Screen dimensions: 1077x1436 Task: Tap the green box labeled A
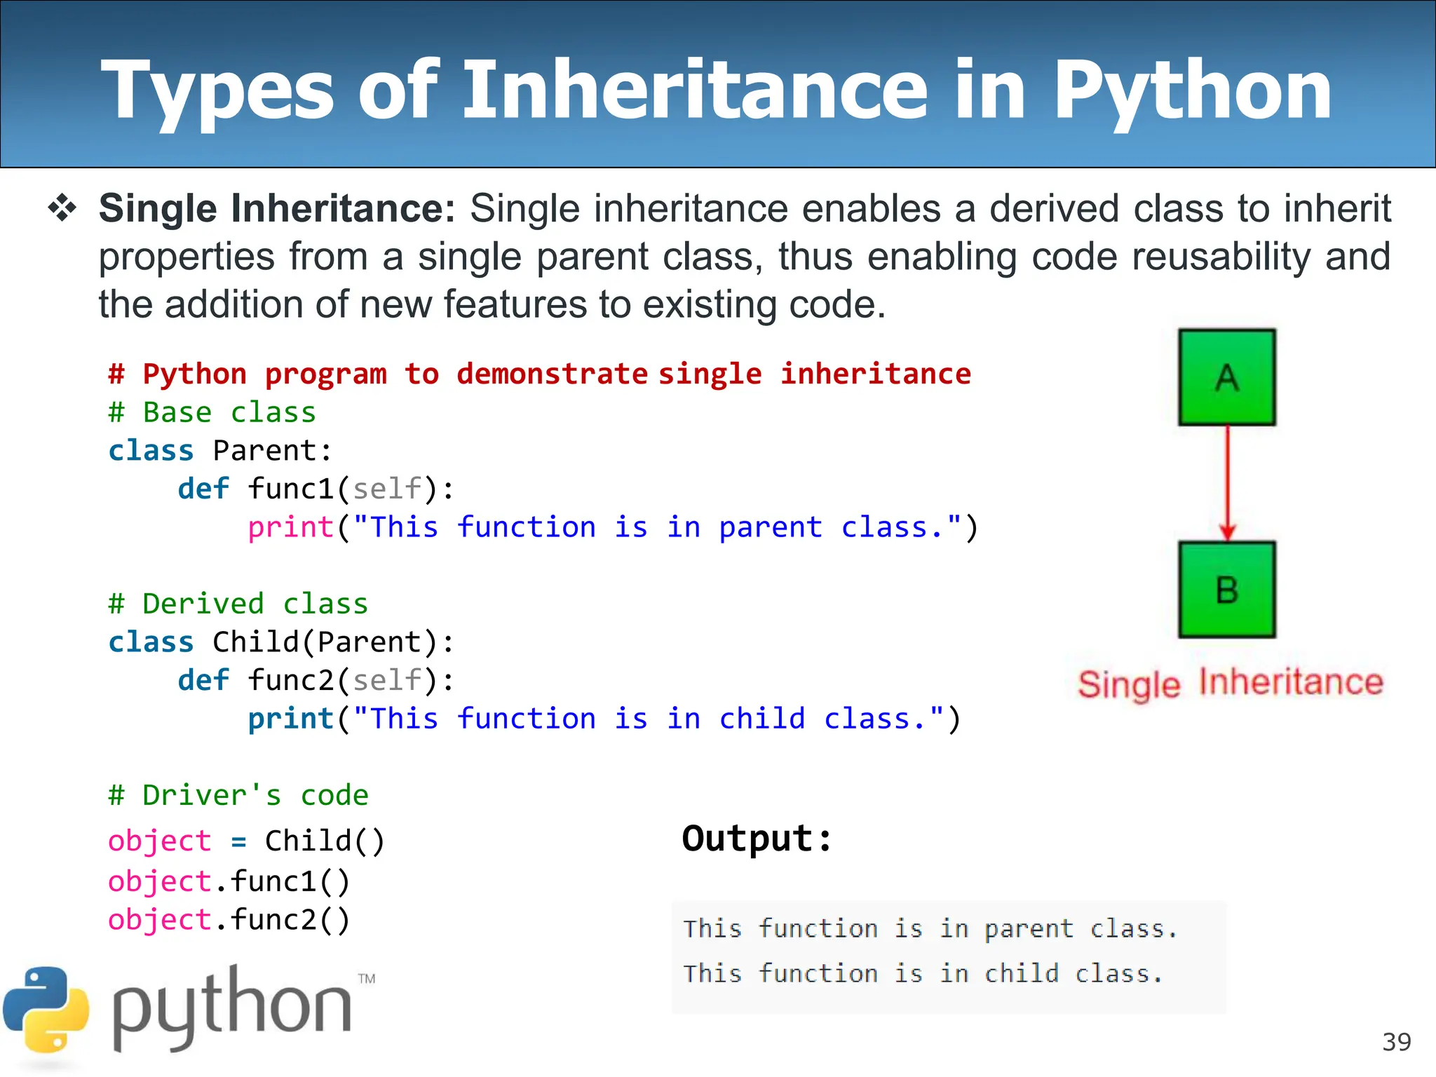[1226, 377]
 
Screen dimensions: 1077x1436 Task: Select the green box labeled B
[1226, 590]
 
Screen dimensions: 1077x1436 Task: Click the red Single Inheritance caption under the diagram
[1230, 683]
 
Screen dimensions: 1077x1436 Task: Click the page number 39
[1396, 1042]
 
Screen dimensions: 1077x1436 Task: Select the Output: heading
[757, 839]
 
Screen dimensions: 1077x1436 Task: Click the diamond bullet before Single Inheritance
[62, 209]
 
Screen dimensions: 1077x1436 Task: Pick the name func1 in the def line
[290, 489]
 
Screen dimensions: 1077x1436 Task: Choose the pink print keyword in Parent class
[290, 527]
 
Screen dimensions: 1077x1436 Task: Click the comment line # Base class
[212, 412]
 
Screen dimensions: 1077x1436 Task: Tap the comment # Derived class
[238, 604]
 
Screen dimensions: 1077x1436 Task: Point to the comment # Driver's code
[238, 795]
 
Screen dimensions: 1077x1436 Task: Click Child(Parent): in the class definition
[333, 642]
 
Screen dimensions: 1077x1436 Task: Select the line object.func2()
[229, 920]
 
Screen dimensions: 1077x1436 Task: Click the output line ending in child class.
[923, 974]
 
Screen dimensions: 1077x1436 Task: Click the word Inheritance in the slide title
[694, 91]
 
